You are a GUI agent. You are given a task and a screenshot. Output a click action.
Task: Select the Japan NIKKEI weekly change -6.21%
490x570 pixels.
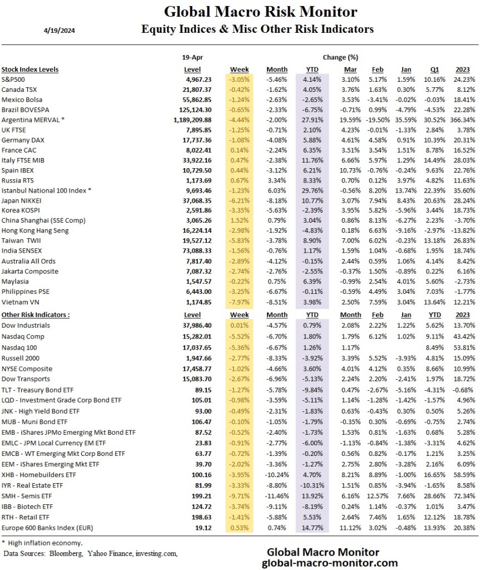[x=240, y=200]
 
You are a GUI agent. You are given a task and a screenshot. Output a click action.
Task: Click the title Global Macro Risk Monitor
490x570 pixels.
[x=260, y=11]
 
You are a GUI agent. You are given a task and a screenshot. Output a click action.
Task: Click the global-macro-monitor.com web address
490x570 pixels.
[x=330, y=562]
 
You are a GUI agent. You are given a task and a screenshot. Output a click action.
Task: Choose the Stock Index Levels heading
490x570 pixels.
[x=30, y=70]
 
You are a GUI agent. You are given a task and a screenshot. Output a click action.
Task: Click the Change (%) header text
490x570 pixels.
[x=340, y=57]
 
